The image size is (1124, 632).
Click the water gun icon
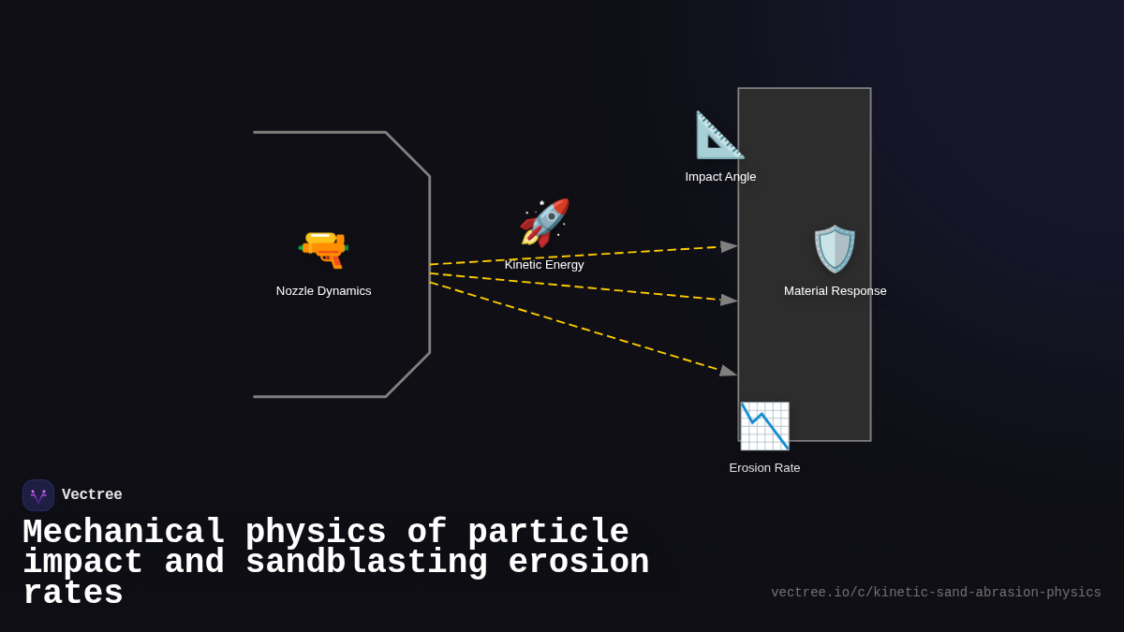coord(323,249)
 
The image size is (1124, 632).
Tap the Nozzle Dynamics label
coord(323,291)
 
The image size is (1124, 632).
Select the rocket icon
coord(544,223)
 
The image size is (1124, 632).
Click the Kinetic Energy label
coord(544,265)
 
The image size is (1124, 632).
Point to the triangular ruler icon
coord(719,135)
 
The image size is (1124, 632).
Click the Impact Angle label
coord(720,177)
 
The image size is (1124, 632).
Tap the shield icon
coord(835,249)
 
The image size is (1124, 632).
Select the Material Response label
coord(835,291)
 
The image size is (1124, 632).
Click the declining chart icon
coord(764,426)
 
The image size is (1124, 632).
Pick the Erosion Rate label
coord(764,468)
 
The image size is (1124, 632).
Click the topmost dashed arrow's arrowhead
coord(729,247)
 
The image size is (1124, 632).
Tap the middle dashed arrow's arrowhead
coord(729,301)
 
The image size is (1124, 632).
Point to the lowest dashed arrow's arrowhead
coord(728,371)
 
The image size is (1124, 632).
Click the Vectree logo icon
coord(38,495)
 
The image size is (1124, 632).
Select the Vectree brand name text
coord(92,495)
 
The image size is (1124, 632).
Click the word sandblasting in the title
coord(366,563)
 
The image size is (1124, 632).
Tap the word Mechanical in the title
coord(124,533)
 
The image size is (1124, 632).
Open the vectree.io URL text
coord(936,593)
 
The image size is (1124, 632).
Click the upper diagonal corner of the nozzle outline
coord(407,154)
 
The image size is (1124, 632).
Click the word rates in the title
coord(73,594)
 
